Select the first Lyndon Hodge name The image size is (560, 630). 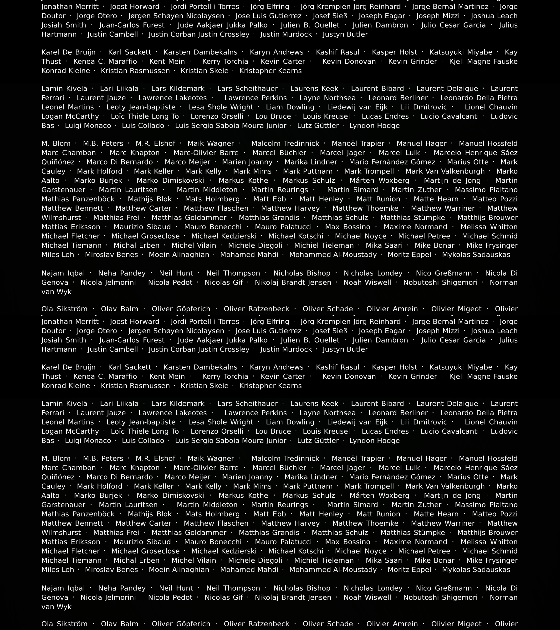coord(375,126)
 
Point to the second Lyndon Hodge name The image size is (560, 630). coord(375,441)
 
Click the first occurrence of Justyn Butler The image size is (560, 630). coord(345,35)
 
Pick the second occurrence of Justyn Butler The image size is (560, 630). coord(345,350)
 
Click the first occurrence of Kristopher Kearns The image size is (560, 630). coord(270,71)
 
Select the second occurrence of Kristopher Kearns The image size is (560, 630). coord(270,386)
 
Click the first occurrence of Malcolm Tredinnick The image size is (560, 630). coord(285,144)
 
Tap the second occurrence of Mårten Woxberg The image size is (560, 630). coord(379,496)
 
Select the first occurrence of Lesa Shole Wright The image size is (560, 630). coord(221,107)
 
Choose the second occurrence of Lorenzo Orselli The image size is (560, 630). coord(217,431)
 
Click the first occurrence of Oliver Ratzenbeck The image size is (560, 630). coord(256,309)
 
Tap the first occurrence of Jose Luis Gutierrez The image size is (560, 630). coord(268,16)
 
